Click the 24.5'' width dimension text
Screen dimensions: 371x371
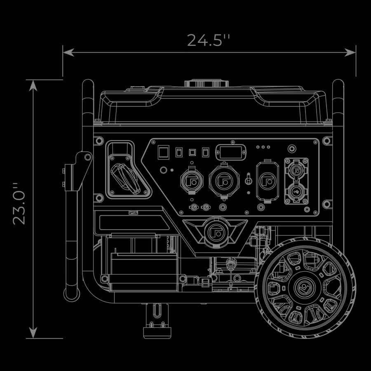[208, 40]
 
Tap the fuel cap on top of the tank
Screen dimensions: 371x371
[206, 83]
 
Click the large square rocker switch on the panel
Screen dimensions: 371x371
[163, 152]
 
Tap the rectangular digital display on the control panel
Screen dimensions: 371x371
[231, 152]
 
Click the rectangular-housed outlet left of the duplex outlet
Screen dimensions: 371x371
[268, 181]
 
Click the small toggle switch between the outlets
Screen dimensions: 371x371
[248, 180]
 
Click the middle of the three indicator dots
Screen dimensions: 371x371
[263, 147]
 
